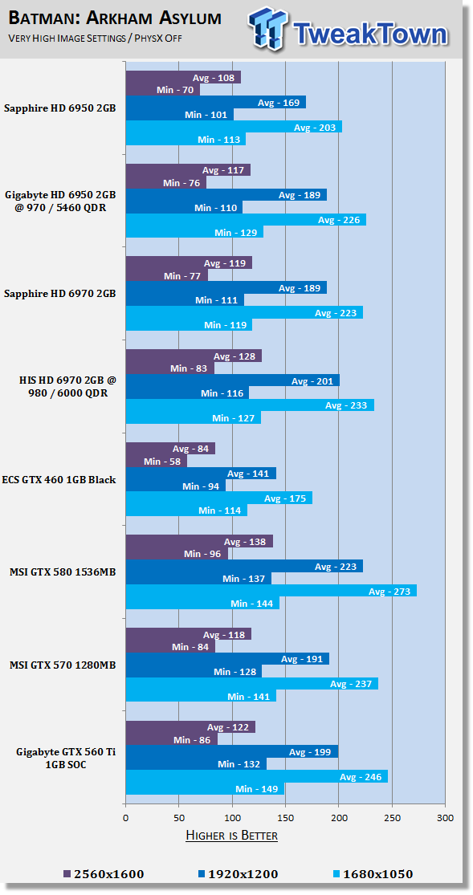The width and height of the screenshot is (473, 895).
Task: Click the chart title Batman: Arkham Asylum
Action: (x=116, y=18)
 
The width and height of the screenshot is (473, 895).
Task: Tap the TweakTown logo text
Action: (x=369, y=33)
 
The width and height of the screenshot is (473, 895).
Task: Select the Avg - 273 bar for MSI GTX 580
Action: (x=271, y=591)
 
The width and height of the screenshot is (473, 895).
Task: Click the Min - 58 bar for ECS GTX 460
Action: (x=156, y=462)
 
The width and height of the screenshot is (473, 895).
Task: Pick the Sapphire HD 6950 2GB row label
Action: (x=59, y=108)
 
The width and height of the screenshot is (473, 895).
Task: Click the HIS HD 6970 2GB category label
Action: (x=61, y=387)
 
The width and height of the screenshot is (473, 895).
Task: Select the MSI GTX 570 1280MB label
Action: (x=63, y=665)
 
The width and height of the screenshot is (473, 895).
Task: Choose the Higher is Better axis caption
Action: (x=231, y=836)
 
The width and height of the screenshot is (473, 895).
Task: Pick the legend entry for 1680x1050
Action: (x=367, y=873)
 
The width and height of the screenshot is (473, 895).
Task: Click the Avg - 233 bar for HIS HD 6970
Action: (x=250, y=405)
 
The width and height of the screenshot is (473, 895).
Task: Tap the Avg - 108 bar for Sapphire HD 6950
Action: (x=183, y=78)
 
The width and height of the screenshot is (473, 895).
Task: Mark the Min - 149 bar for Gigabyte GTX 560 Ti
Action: (x=205, y=788)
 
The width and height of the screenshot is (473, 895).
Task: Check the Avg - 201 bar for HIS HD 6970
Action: (x=232, y=380)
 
